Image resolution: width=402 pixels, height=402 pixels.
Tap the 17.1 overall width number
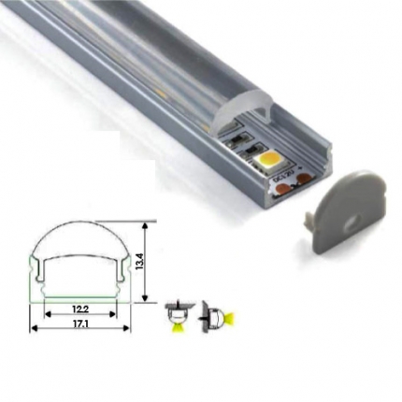point(80,324)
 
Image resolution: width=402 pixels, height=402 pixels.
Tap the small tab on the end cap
point(309,219)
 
